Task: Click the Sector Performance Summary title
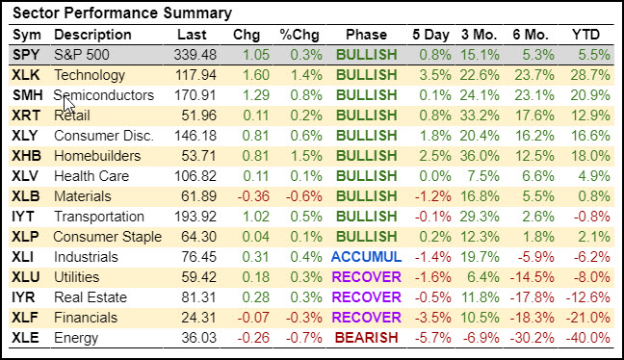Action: pos(122,13)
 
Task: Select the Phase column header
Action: pos(366,35)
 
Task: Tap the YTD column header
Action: pos(585,35)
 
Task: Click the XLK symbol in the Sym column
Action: pos(26,75)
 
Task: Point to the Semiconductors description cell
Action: pos(103,95)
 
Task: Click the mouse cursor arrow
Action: pos(68,105)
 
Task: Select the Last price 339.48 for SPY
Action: pos(195,55)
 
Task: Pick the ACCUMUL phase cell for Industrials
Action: pos(366,257)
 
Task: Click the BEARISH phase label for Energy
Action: pos(366,338)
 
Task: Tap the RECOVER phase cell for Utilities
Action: pos(366,277)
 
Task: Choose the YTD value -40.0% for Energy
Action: pos(587,338)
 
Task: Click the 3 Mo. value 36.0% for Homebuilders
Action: pos(480,156)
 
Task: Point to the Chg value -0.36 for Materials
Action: pos(253,196)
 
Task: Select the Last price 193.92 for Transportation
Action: pos(195,217)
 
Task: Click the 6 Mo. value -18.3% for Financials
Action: pos(533,318)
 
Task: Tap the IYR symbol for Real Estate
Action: pos(23,297)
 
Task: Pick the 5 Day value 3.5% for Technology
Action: pos(435,75)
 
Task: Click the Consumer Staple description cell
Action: pos(108,237)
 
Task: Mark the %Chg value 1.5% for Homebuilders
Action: pos(306,156)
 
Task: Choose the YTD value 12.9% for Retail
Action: pos(590,116)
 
